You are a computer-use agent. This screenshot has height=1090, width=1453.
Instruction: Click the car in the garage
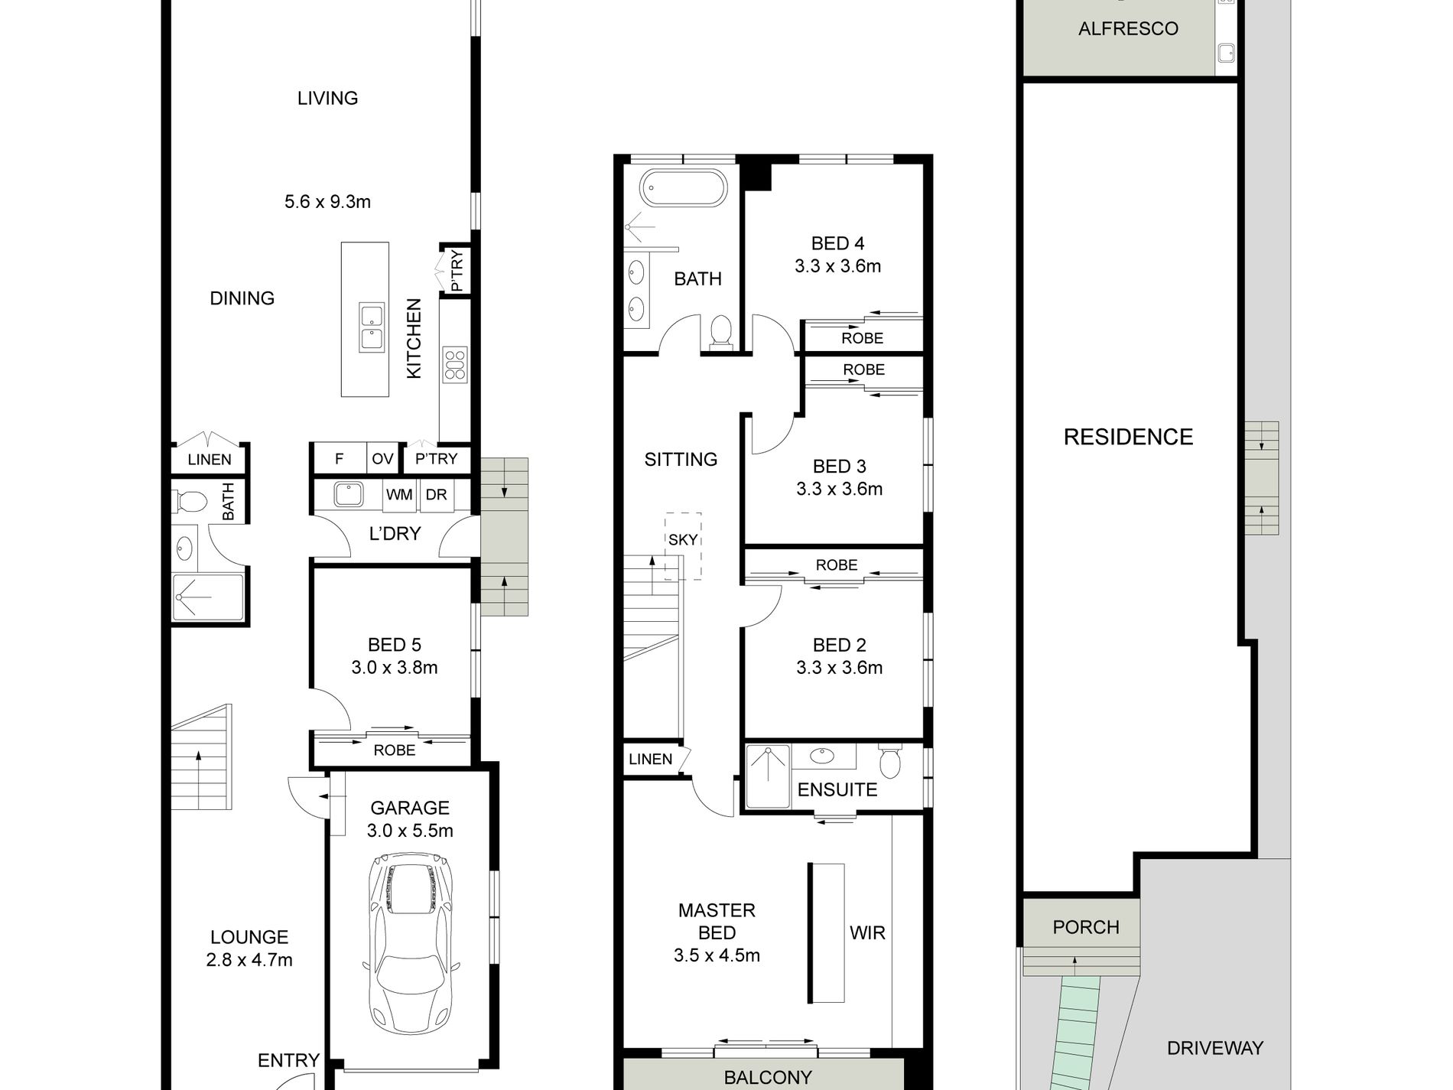click(x=411, y=945)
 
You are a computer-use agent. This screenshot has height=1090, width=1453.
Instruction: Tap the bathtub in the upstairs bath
click(x=682, y=188)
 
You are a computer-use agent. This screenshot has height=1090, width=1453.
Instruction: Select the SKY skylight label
click(x=683, y=539)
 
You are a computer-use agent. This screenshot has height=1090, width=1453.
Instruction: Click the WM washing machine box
click(x=399, y=495)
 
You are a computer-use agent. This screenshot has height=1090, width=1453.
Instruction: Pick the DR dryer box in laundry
click(x=436, y=495)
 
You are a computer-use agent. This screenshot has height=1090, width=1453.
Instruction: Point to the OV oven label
click(x=382, y=459)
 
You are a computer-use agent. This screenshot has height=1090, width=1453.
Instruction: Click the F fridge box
click(x=340, y=459)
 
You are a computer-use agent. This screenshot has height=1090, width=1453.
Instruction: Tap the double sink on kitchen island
click(x=372, y=327)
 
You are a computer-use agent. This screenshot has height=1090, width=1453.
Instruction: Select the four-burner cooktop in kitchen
click(x=455, y=364)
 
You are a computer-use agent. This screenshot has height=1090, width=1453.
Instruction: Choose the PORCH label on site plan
click(x=1086, y=927)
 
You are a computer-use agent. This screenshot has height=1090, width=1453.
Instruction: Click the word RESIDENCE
click(x=1129, y=437)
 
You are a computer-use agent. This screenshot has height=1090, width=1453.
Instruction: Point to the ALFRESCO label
click(x=1128, y=29)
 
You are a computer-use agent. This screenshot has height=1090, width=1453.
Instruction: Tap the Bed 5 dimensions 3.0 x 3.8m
click(x=395, y=668)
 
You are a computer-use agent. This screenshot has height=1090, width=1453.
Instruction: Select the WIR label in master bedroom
click(x=867, y=933)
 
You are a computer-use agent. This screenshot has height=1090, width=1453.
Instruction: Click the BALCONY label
click(x=768, y=1078)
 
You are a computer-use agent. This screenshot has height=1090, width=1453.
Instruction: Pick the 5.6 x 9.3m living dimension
click(x=327, y=202)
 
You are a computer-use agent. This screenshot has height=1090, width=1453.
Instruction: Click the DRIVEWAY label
click(x=1215, y=1048)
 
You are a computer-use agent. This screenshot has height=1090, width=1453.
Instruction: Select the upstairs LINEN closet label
click(x=651, y=760)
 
